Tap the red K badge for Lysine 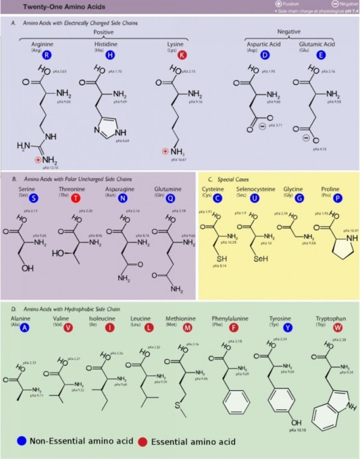point(182,54)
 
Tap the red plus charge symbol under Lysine point(166,151)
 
